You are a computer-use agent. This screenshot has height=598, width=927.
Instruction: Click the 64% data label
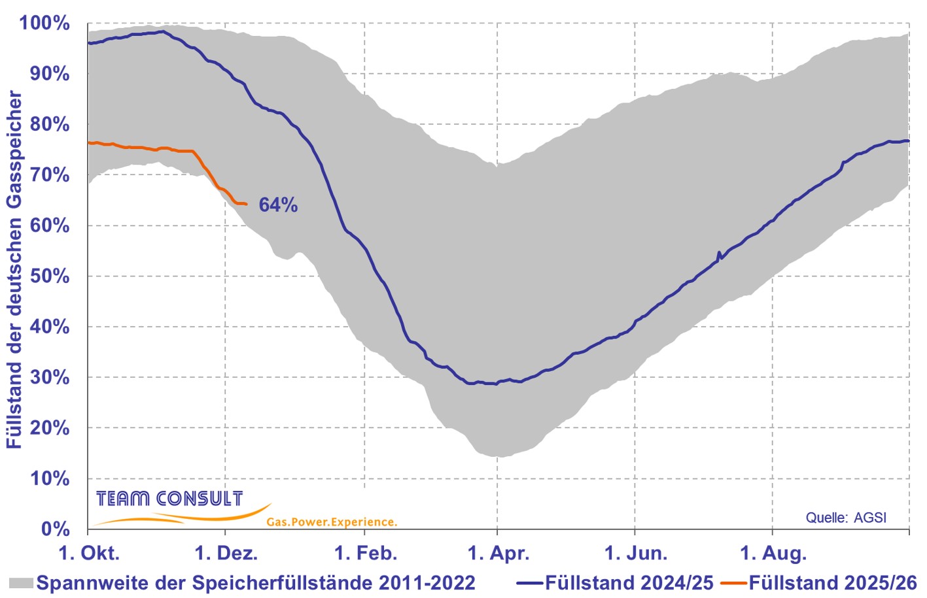pyautogui.click(x=278, y=205)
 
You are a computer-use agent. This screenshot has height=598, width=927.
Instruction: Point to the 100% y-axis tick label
pyautogui.click(x=44, y=24)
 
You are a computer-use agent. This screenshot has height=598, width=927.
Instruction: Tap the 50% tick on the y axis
pyautogui.click(x=50, y=276)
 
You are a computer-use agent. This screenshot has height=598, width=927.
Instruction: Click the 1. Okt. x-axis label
pyautogui.click(x=89, y=554)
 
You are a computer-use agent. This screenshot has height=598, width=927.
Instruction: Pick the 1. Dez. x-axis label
pyautogui.click(x=226, y=554)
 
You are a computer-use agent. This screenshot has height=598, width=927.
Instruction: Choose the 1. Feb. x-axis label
pyautogui.click(x=366, y=554)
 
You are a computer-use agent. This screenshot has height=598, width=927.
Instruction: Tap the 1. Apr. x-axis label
pyautogui.click(x=498, y=554)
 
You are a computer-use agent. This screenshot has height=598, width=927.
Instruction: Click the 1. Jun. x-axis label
pyautogui.click(x=636, y=554)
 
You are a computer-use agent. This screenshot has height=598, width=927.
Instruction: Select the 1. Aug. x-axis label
pyautogui.click(x=773, y=554)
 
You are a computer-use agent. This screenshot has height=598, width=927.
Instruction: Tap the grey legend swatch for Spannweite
pyautogui.click(x=22, y=582)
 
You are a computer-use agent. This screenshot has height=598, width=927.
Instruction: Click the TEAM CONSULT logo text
pyautogui.click(x=169, y=499)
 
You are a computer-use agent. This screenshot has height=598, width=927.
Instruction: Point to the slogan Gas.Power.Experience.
pyautogui.click(x=332, y=522)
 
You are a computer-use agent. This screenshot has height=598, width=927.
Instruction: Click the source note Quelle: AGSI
pyautogui.click(x=846, y=518)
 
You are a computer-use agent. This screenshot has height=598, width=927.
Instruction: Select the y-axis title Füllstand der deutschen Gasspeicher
pyautogui.click(x=14, y=269)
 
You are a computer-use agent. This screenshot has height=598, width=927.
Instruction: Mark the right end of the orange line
pyautogui.click(x=246, y=205)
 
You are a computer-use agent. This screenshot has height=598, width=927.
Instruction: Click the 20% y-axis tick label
pyautogui.click(x=50, y=428)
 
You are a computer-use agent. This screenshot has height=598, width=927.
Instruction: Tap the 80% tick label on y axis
pyautogui.click(x=50, y=124)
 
